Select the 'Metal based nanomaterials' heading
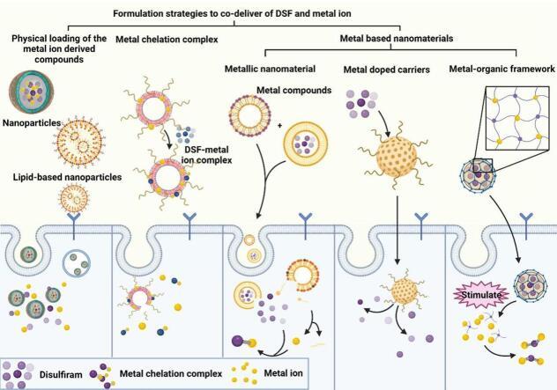tap(396, 40)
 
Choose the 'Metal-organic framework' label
tap(501, 69)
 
